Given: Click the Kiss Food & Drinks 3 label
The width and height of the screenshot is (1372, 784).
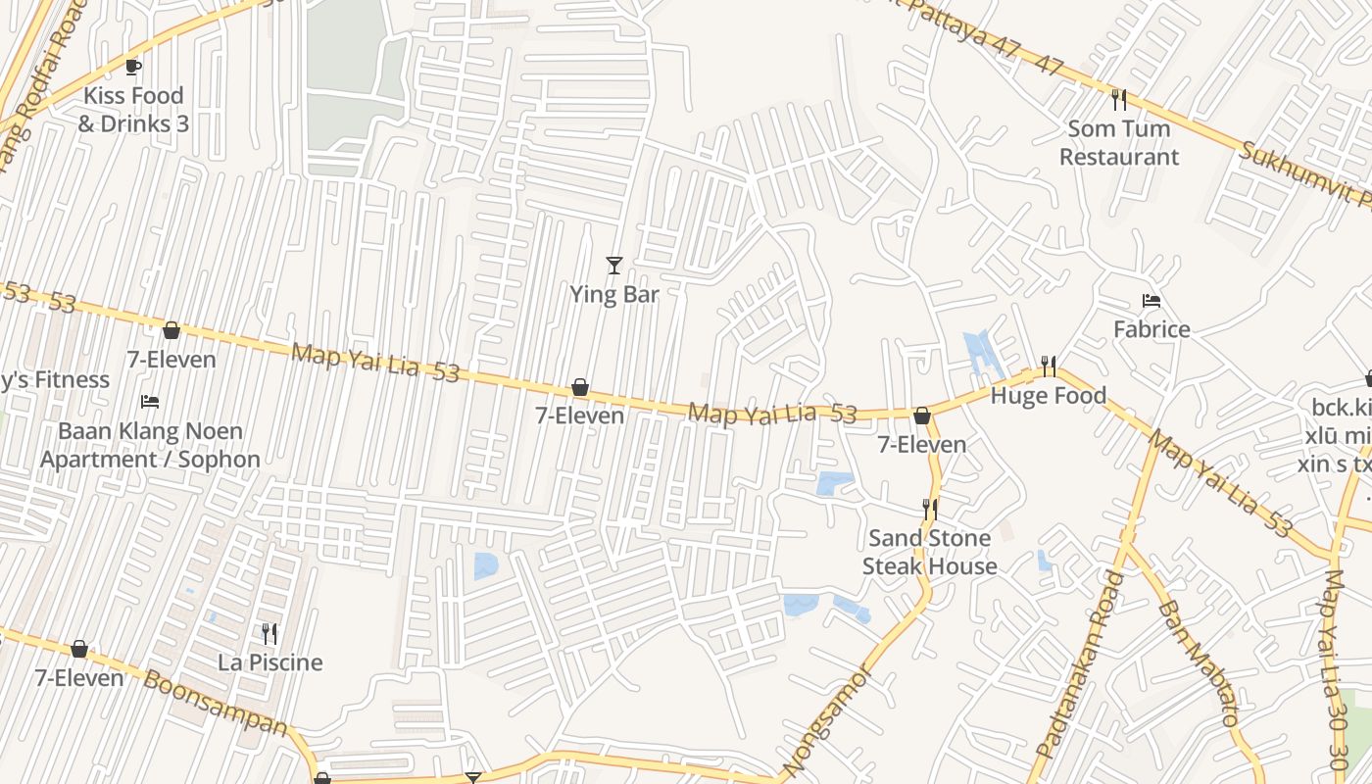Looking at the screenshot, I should point(133,110).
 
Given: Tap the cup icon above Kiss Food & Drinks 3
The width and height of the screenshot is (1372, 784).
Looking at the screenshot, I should point(133,67).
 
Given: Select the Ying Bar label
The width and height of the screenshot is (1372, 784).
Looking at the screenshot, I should point(614,294).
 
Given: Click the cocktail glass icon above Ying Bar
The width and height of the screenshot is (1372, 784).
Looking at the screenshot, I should point(614,265).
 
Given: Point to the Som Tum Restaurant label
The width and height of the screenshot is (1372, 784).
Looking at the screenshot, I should point(1119,142).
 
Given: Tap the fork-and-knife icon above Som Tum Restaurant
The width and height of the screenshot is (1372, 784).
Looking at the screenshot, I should point(1119,99).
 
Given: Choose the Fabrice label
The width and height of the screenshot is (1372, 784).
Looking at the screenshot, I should point(1151,329).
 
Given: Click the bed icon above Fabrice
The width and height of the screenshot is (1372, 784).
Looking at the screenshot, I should point(1151,301).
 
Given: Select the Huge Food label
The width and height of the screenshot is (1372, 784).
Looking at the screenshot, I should point(1049,396).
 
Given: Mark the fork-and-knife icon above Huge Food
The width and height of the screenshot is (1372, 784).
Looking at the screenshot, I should point(1049,367).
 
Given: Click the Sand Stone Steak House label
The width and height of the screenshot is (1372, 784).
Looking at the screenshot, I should point(930,552).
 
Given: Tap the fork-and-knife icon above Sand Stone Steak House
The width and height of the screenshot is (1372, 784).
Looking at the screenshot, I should point(930,509).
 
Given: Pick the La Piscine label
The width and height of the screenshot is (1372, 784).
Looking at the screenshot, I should point(270,662).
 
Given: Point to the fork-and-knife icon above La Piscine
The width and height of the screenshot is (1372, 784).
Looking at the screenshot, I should point(269,634).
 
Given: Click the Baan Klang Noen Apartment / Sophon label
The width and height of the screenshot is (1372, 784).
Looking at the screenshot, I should point(150,445).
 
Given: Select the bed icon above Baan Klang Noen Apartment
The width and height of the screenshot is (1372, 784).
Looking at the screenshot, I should point(150,402).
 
